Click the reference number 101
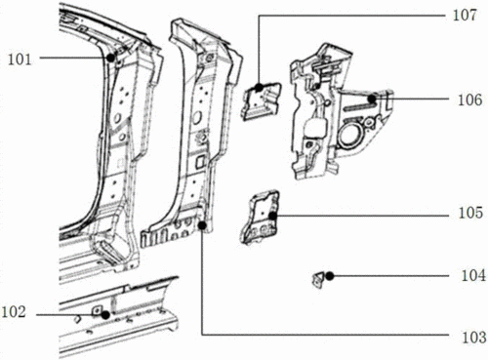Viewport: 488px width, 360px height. click(x=20, y=60)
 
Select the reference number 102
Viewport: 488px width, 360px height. click(x=14, y=312)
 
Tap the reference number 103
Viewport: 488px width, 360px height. click(x=474, y=337)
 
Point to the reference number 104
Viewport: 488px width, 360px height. click(x=473, y=276)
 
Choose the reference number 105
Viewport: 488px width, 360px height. click(x=470, y=213)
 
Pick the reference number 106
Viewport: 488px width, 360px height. click(x=470, y=100)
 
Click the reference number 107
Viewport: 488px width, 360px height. click(x=465, y=16)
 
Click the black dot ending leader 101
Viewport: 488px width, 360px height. click(x=111, y=58)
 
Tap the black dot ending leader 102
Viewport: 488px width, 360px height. click(x=105, y=315)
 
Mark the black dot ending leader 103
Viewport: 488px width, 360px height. click(x=202, y=225)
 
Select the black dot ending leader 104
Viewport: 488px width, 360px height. click(x=330, y=276)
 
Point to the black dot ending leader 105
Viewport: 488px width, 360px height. click(x=272, y=216)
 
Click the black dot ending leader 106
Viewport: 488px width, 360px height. click(x=372, y=99)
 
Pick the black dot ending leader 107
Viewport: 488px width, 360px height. click(x=259, y=88)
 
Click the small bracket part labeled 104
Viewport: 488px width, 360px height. click(x=318, y=280)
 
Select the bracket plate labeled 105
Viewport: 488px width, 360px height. click(x=260, y=218)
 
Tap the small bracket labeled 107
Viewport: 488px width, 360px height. click(x=262, y=101)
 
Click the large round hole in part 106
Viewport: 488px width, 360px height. click(x=348, y=135)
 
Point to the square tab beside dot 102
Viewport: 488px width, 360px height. click(x=97, y=310)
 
